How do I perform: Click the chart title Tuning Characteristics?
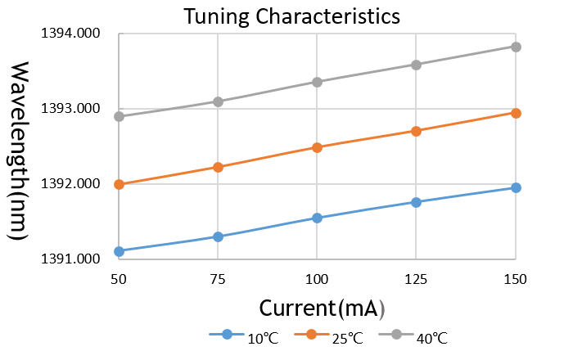291,16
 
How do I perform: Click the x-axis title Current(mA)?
322,308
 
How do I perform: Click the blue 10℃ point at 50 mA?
120,251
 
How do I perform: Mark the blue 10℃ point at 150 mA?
516,188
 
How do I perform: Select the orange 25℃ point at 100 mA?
318,147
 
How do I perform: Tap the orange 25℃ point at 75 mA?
218,167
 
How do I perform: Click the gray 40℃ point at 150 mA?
516,47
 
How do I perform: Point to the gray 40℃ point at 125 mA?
417,65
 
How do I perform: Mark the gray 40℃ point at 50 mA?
120,116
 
